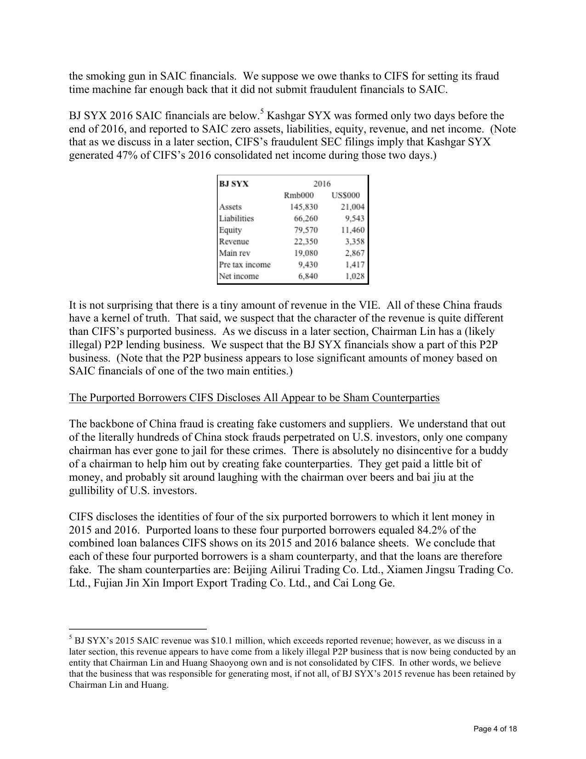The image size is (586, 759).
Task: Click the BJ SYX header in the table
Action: pos(233,184)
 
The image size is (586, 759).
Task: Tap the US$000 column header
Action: pos(346,195)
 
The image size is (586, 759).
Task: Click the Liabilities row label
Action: pos(236,218)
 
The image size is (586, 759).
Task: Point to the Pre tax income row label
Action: pos(245,264)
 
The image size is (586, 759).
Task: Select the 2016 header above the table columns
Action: pos(322,184)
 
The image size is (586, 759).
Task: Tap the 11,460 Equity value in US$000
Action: pos(352,230)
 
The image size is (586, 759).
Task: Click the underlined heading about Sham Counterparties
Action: pos(254,397)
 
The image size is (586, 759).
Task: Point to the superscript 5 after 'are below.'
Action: pos(262,112)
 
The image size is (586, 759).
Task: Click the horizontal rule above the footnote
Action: pos(137,628)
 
